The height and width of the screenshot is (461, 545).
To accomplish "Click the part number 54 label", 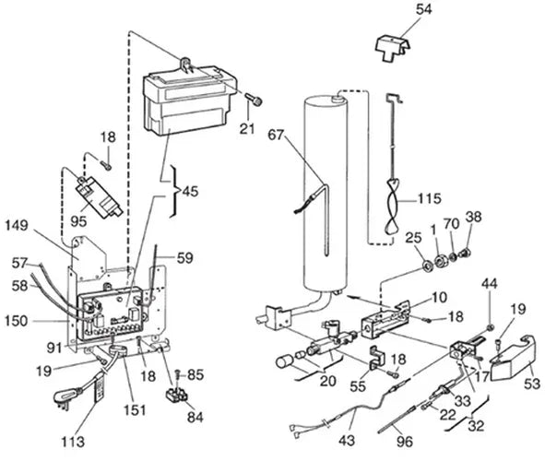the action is coord(423,9).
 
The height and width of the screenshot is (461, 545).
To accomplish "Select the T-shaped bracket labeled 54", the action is coord(394,48).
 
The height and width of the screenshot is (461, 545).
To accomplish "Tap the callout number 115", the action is coord(429,198).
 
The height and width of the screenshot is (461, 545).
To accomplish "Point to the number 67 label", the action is coord(276,135).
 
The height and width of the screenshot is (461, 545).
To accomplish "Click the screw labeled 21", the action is coord(255,100).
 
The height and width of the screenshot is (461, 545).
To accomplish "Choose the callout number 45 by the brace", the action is coord(190,192).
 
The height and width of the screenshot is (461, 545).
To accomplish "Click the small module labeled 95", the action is coord(99,196).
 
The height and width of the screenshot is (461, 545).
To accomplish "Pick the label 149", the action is coord(17,226).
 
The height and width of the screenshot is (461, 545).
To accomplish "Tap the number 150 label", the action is coord(16,321).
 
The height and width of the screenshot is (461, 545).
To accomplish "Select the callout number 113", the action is coord(73,442).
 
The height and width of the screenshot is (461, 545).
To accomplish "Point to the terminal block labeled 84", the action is coord(176,395).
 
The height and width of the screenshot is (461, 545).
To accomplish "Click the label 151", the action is coord(135,410).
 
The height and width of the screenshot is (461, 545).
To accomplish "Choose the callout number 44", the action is coord(490,284).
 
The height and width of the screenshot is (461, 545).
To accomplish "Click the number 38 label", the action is coord(473,217).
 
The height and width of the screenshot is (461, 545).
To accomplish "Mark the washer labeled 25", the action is coord(426,266).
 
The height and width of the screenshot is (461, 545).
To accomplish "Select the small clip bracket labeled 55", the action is coord(376,358).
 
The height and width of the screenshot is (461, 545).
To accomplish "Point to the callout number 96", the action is coord(405,442).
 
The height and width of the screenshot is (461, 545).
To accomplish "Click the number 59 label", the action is coord(184,258).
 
